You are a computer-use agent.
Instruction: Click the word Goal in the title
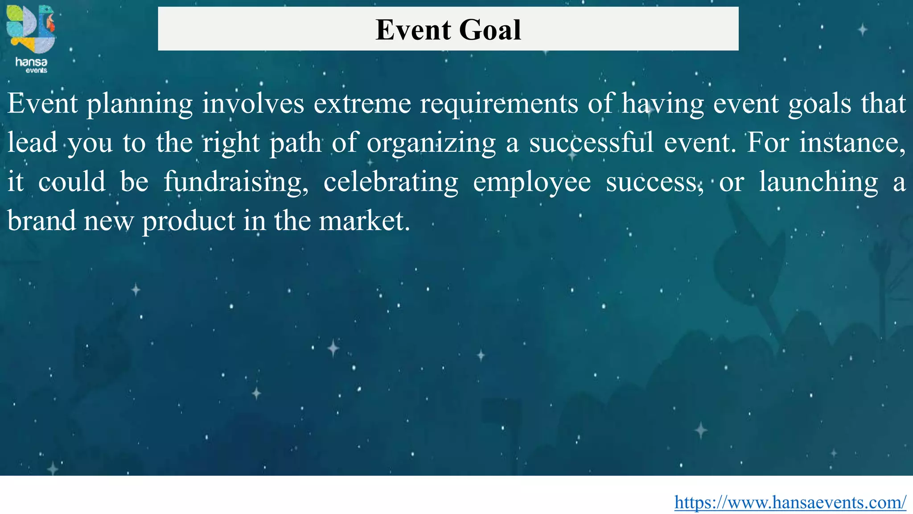point(489,30)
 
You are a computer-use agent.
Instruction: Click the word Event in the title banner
point(413,30)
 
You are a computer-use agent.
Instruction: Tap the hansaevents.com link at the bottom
point(790,502)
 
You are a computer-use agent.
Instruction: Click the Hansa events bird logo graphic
point(31,29)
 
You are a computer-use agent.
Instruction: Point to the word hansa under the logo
point(31,62)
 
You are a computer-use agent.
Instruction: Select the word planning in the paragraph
point(140,104)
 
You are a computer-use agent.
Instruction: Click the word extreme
point(362,104)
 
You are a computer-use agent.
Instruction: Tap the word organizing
point(431,143)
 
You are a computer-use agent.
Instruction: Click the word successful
point(592,143)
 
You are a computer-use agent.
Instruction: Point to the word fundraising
point(236,182)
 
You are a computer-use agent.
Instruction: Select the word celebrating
point(391,182)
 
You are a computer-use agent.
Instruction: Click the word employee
point(532,182)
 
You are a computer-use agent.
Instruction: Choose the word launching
point(818,182)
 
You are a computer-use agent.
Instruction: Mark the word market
point(364,221)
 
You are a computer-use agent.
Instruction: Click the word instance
point(852,143)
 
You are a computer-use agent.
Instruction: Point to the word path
point(296,143)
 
